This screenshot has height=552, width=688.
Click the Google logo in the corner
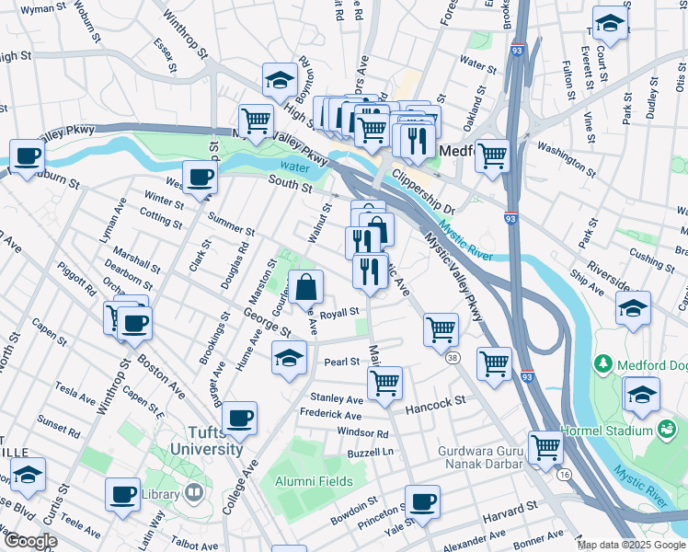[29, 541]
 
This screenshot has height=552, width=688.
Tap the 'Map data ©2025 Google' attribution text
[630, 545]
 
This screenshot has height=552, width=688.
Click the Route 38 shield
[452, 357]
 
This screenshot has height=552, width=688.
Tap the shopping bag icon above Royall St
[306, 287]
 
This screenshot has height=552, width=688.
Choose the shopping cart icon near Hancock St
[384, 382]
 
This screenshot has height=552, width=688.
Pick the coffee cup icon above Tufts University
[240, 418]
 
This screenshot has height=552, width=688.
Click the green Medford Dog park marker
[602, 364]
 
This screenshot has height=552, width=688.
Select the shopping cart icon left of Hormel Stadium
[545, 448]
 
